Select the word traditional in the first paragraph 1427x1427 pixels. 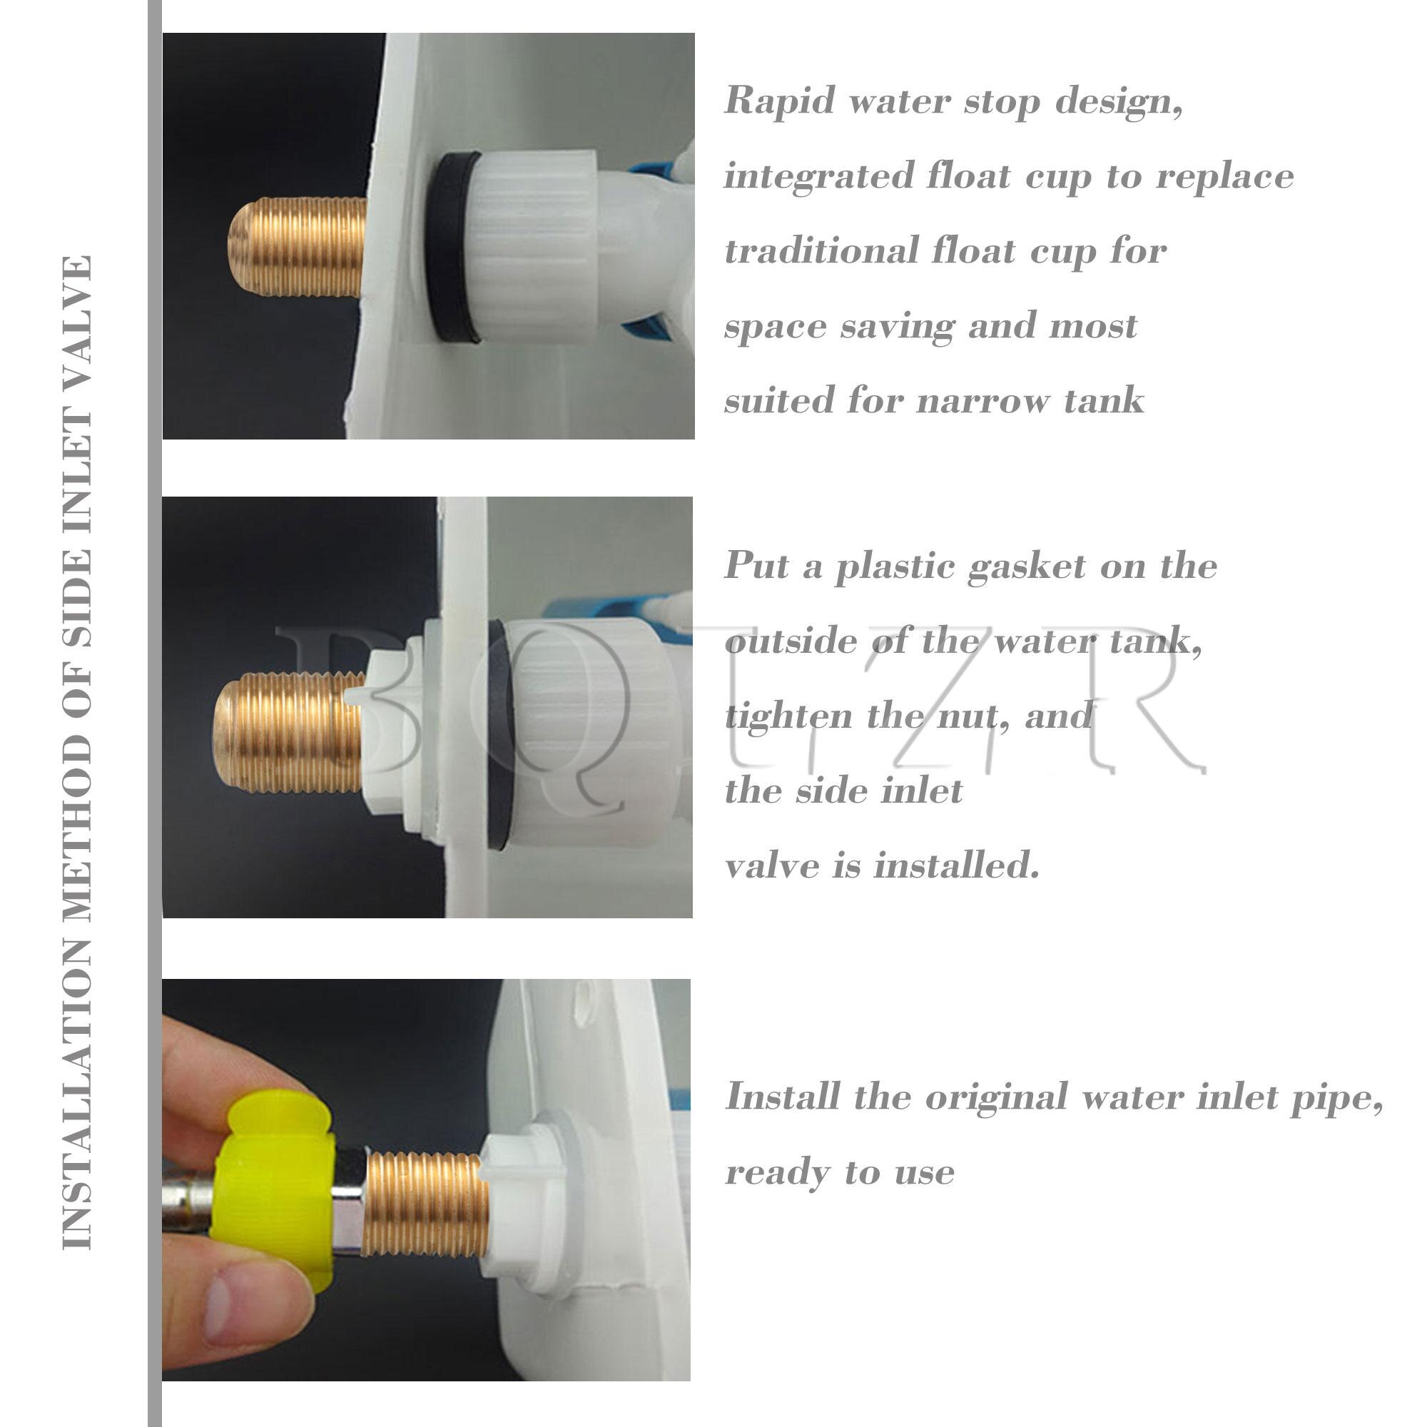coord(821,251)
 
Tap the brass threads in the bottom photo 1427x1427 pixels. coord(425,1204)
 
